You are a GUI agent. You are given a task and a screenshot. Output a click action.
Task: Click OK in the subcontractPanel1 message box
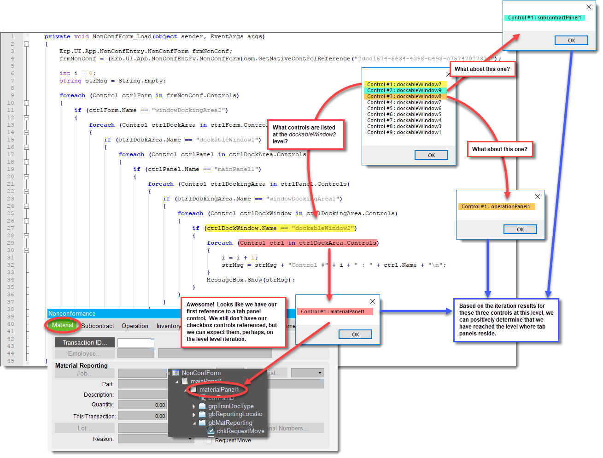click(x=571, y=41)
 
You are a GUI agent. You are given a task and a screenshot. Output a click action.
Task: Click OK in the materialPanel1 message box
click(x=355, y=335)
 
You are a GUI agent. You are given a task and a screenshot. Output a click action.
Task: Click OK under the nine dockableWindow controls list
click(x=431, y=155)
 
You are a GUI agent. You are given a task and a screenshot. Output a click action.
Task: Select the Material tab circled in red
click(x=63, y=325)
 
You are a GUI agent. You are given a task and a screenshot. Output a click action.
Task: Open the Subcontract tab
click(x=98, y=326)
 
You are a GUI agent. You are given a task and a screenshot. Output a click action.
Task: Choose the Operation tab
click(x=135, y=326)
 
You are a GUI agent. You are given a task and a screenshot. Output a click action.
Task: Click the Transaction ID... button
click(x=85, y=342)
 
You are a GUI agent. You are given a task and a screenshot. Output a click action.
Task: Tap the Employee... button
click(x=85, y=353)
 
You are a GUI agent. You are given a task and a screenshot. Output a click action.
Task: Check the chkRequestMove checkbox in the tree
click(x=211, y=431)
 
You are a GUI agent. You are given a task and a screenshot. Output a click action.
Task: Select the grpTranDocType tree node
click(x=231, y=406)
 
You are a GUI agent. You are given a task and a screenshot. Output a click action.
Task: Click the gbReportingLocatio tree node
click(x=235, y=414)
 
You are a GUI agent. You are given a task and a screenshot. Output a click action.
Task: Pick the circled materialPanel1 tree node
click(x=219, y=389)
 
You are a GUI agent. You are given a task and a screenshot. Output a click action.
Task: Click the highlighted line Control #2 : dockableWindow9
click(x=404, y=90)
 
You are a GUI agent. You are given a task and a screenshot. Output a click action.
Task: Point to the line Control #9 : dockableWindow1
click(x=404, y=132)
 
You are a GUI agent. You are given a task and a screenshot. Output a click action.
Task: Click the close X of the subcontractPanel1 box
click(x=588, y=7)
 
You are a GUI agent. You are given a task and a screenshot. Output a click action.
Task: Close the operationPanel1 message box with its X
click(x=537, y=197)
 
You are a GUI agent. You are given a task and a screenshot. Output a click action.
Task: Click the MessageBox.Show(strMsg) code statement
click(x=251, y=280)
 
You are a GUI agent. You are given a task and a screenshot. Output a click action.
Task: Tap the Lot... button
click(x=85, y=428)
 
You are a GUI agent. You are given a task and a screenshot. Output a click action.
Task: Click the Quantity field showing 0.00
click(x=142, y=405)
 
